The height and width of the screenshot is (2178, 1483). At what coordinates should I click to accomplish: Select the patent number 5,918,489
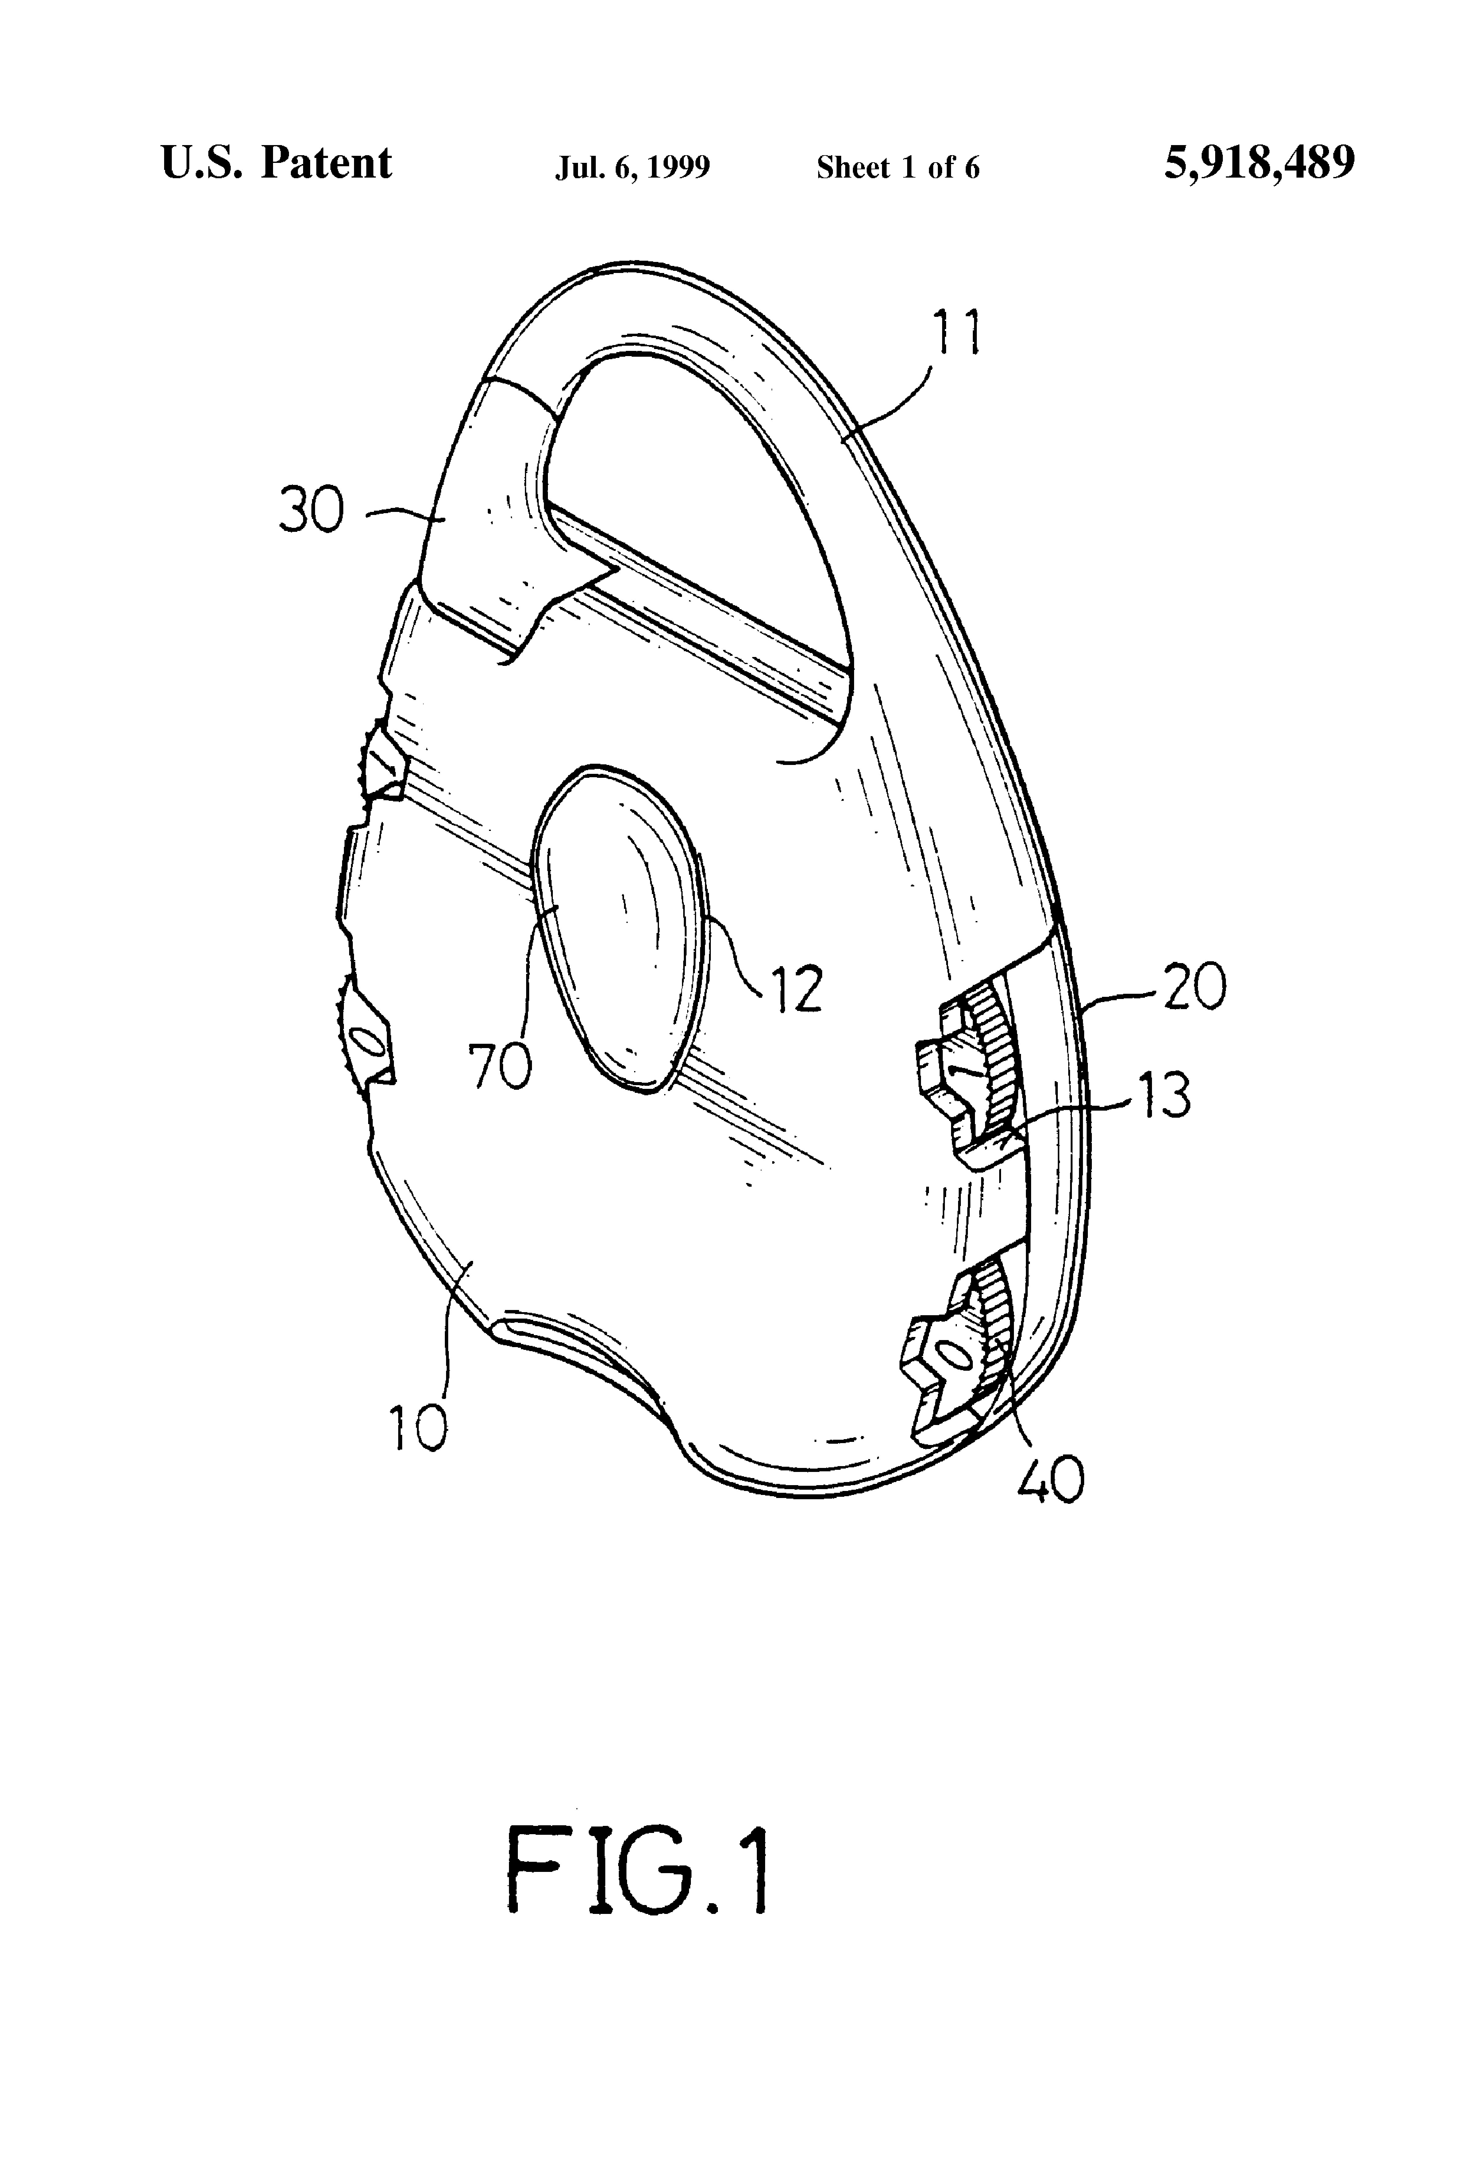1259,163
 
